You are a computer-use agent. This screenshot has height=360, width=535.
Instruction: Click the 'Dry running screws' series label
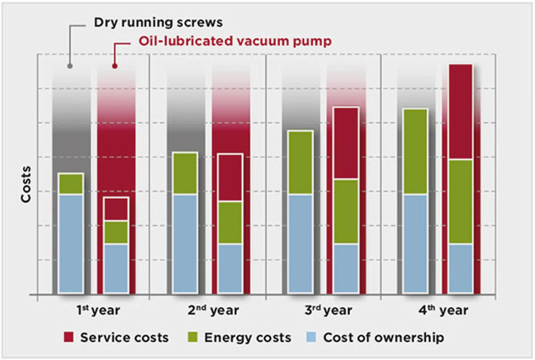pyautogui.click(x=158, y=22)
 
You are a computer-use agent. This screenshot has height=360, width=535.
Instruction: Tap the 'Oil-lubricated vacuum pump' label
pyautogui.click(x=235, y=41)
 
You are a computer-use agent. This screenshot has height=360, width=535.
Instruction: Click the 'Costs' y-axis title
pyautogui.click(x=26, y=184)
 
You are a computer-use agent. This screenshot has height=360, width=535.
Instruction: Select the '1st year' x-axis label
pyautogui.click(x=98, y=310)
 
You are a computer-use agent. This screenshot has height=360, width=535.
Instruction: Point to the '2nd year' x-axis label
pyautogui.click(x=213, y=310)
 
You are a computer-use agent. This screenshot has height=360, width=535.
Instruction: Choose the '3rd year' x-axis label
pyautogui.click(x=328, y=310)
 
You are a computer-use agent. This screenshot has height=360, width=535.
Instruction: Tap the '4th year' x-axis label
pyautogui.click(x=443, y=310)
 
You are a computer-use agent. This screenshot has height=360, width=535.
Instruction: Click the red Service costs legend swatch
pyautogui.click(x=68, y=337)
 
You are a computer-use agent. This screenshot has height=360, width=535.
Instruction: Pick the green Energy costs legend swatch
pyautogui.click(x=193, y=337)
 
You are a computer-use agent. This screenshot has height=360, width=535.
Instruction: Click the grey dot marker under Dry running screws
pyautogui.click(x=70, y=66)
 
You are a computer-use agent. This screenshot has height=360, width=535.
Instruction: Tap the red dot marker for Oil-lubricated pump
pyautogui.click(x=115, y=66)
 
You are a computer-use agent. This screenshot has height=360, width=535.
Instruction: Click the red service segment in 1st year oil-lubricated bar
pyautogui.click(x=116, y=209)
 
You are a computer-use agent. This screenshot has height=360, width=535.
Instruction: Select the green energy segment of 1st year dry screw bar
pyautogui.click(x=71, y=184)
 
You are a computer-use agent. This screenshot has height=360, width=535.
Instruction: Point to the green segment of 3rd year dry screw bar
pyautogui.click(x=301, y=162)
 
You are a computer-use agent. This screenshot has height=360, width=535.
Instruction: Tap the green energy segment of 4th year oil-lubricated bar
pyautogui.click(x=461, y=202)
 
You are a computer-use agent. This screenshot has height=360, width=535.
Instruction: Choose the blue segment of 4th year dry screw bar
pyautogui.click(x=415, y=243)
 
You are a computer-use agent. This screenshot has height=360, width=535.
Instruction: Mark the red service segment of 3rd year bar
pyautogui.click(x=346, y=143)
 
